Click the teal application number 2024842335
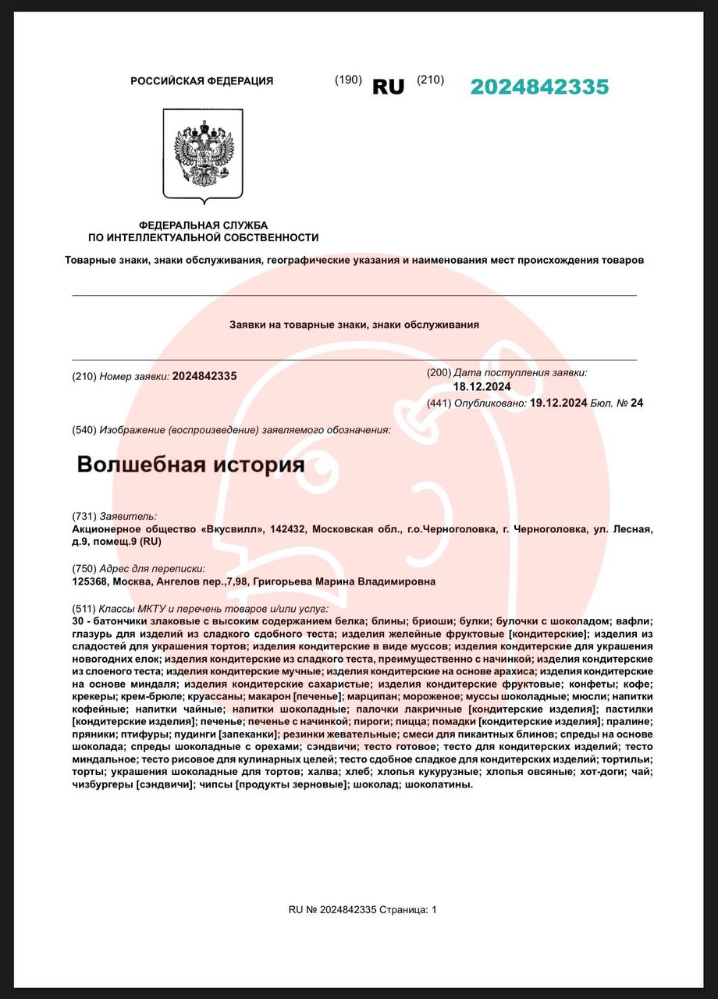[539, 87]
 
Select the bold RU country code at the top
[388, 87]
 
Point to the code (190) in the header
[348, 80]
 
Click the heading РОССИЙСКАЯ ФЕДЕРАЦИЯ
[201, 81]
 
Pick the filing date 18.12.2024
[482, 386]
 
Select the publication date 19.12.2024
[558, 403]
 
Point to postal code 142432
[289, 529]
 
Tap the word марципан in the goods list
[369, 696]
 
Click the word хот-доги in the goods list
[600, 772]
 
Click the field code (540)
[84, 430]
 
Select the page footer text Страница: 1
[409, 909]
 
